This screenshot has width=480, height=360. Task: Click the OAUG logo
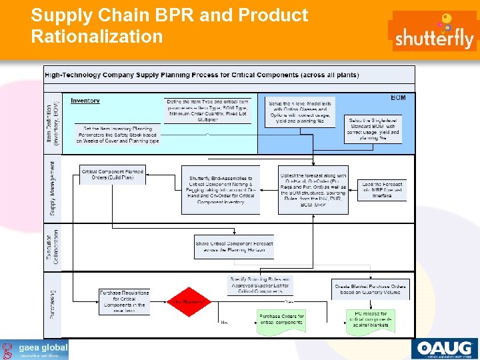[x=444, y=349]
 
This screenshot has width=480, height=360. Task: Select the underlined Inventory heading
[x=85, y=101]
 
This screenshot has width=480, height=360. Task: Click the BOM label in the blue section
[x=398, y=98]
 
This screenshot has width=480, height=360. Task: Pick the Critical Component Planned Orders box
[x=113, y=175]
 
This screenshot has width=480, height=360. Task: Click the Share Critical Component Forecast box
[x=234, y=247]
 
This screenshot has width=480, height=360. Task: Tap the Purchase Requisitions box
[x=125, y=301]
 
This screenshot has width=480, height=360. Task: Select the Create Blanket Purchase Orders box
[x=371, y=289]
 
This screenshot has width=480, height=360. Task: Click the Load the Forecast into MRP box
[x=383, y=189]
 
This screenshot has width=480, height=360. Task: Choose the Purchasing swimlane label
[x=53, y=304]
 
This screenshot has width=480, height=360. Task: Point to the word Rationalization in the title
[x=97, y=36]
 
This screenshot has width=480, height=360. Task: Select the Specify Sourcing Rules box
[x=260, y=285]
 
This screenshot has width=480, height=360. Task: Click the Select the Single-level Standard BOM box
[x=373, y=129]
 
